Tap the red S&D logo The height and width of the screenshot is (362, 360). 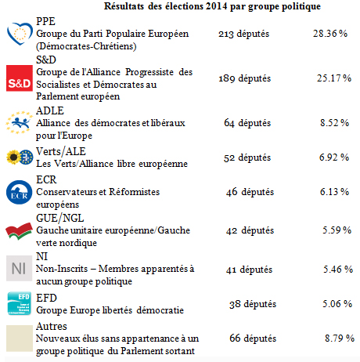(20, 78)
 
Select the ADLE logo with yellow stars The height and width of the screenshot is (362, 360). (19, 122)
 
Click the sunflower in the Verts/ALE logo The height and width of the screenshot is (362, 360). (13, 157)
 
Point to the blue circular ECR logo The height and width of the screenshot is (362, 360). (20, 192)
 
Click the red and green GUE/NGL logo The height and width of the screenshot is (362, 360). (20, 231)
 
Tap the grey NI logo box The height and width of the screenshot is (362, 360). (20, 268)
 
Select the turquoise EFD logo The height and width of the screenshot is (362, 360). (20, 303)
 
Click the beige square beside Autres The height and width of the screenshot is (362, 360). (20, 338)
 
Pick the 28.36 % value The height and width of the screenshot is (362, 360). (330, 34)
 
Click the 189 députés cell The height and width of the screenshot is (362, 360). (245, 78)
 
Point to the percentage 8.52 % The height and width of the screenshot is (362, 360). (335, 123)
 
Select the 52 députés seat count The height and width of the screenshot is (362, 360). (247, 157)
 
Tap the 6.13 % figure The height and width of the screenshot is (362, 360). (335, 192)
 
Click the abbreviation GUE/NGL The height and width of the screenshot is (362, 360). (60, 218)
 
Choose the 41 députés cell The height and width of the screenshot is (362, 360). (249, 270)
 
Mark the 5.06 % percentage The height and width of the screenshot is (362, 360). (337, 304)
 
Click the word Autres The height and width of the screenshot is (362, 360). (52, 326)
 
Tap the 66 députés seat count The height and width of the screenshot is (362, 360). (253, 338)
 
